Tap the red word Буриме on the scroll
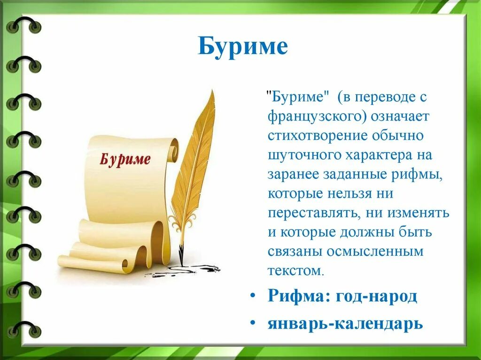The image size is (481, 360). [125, 159]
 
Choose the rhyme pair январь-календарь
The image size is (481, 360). [345, 323]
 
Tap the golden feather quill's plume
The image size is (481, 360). [195, 155]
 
